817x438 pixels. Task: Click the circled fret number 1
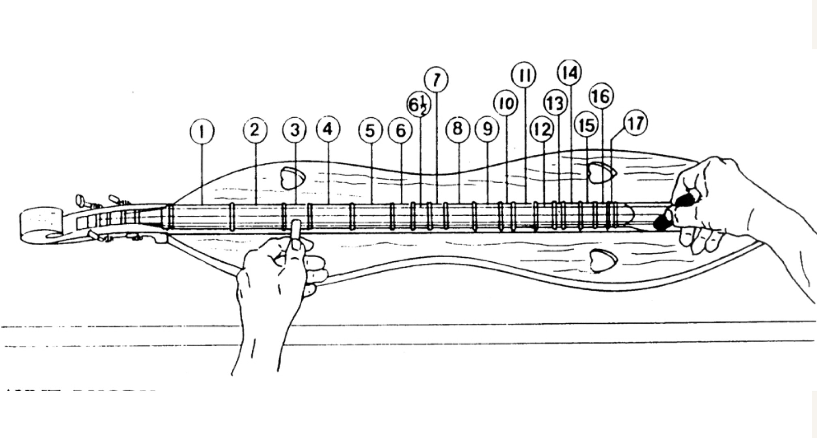201,131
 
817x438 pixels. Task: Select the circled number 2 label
255,130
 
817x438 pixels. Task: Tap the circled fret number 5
370,131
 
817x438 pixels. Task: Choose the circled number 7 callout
436,80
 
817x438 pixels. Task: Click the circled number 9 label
487,129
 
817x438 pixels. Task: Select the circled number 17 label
635,123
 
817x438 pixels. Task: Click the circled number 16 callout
601,96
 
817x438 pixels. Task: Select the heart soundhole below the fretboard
603,260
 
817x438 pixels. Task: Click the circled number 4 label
328,130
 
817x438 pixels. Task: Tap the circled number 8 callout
458,129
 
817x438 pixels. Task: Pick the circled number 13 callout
555,103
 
